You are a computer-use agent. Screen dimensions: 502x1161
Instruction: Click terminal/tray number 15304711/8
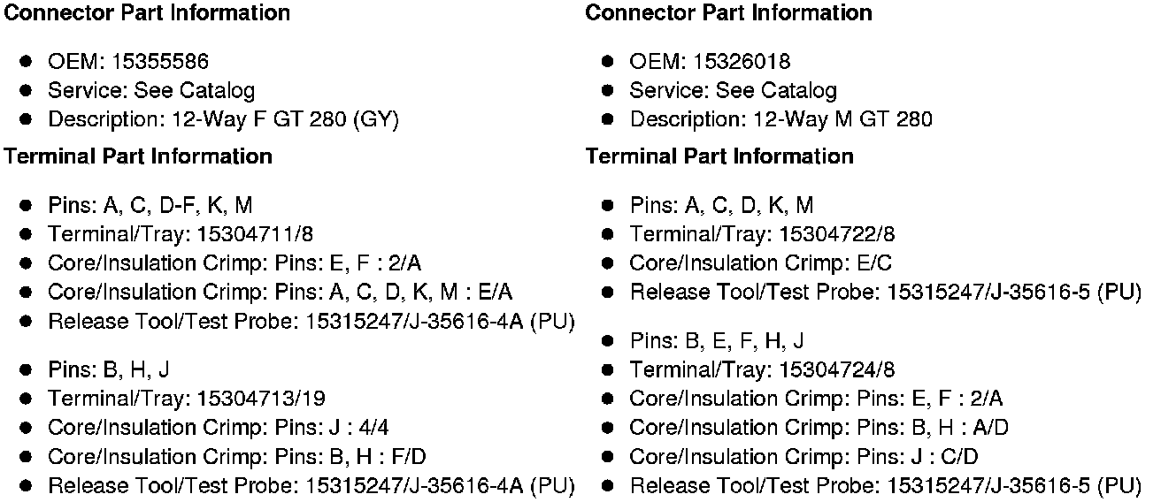point(257,234)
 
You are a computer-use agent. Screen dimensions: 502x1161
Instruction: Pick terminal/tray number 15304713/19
point(262,399)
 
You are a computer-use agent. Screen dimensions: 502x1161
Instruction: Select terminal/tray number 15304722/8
point(838,234)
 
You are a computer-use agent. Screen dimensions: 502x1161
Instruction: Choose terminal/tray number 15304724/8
point(838,369)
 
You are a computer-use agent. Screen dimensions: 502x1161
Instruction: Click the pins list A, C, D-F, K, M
point(178,205)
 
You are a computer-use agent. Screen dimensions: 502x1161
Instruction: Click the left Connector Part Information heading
point(148,12)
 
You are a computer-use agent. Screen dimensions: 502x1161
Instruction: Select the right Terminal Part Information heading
point(719,156)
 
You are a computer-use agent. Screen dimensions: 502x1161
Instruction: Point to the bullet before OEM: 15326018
point(608,61)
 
